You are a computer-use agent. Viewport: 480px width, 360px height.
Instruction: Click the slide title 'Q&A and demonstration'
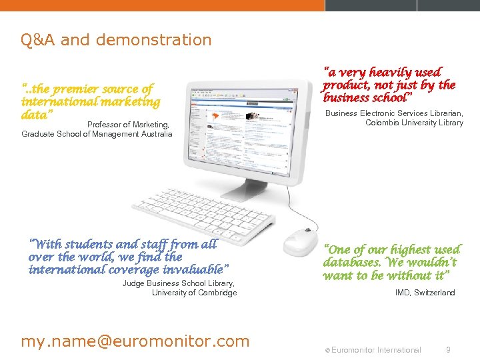pyautogui.click(x=116, y=40)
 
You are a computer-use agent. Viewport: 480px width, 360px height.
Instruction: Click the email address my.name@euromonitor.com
pyautogui.click(x=135, y=341)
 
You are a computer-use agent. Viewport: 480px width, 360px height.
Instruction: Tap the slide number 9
pyautogui.click(x=448, y=349)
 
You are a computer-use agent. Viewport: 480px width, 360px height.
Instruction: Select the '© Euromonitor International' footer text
pyautogui.click(x=373, y=350)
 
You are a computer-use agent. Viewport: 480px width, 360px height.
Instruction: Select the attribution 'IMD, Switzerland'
pyautogui.click(x=425, y=293)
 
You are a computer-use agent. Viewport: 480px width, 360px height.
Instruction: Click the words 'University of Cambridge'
pyautogui.click(x=194, y=293)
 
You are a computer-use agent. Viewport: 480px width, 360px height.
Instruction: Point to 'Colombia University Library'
pyautogui.click(x=414, y=123)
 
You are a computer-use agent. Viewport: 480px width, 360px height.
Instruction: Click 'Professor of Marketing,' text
pyautogui.click(x=128, y=125)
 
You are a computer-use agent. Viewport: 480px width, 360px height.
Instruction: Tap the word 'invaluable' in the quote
pyautogui.click(x=194, y=269)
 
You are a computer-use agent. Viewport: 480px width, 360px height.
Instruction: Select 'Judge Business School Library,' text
pyautogui.click(x=179, y=283)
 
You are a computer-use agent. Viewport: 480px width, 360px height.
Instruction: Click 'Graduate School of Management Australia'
pyautogui.click(x=97, y=134)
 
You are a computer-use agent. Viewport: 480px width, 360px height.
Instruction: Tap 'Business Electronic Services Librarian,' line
pyautogui.click(x=394, y=113)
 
